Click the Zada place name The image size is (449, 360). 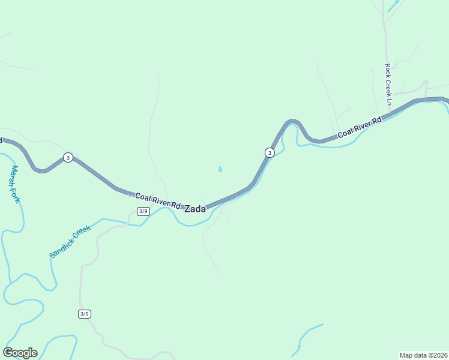(194, 209)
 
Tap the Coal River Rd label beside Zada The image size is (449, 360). (158, 200)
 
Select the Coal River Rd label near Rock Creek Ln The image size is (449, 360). (359, 128)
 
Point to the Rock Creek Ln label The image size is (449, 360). (388, 85)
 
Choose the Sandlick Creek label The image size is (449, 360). (70, 241)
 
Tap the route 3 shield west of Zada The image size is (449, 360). (68, 158)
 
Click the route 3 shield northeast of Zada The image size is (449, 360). (270, 152)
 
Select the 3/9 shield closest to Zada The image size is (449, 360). (143, 211)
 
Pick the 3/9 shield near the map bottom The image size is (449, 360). (84, 314)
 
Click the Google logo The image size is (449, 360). (20, 352)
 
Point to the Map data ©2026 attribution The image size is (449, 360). (423, 355)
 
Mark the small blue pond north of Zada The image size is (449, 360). (220, 170)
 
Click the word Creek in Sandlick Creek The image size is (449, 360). (82, 232)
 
